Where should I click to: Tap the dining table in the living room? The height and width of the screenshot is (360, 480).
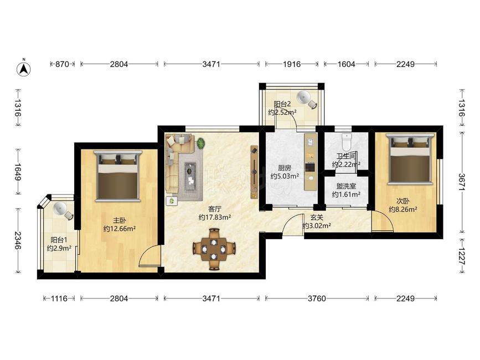click(x=214, y=249)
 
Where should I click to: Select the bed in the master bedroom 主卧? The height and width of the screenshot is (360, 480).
click(x=118, y=176)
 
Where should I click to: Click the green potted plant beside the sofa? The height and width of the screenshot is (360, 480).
click(x=201, y=143)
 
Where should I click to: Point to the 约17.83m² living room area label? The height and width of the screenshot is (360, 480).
click(x=214, y=218)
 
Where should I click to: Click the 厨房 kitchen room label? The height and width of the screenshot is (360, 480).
click(x=285, y=168)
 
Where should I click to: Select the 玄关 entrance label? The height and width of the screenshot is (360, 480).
click(x=317, y=217)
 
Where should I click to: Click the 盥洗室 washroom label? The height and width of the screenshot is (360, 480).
click(x=346, y=186)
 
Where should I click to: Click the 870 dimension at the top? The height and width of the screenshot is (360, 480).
click(x=62, y=64)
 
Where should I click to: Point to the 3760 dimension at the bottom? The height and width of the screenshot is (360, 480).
click(x=317, y=298)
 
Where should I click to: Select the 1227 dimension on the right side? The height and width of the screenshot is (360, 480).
click(x=462, y=256)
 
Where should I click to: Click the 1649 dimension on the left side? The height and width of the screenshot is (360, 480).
click(x=18, y=172)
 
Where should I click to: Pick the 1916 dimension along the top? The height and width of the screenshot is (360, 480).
click(x=291, y=64)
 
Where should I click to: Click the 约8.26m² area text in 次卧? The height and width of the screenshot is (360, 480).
click(x=403, y=210)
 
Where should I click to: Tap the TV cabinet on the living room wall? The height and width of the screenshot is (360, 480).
click(x=254, y=172)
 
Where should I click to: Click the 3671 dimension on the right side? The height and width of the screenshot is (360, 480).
click(x=462, y=182)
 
